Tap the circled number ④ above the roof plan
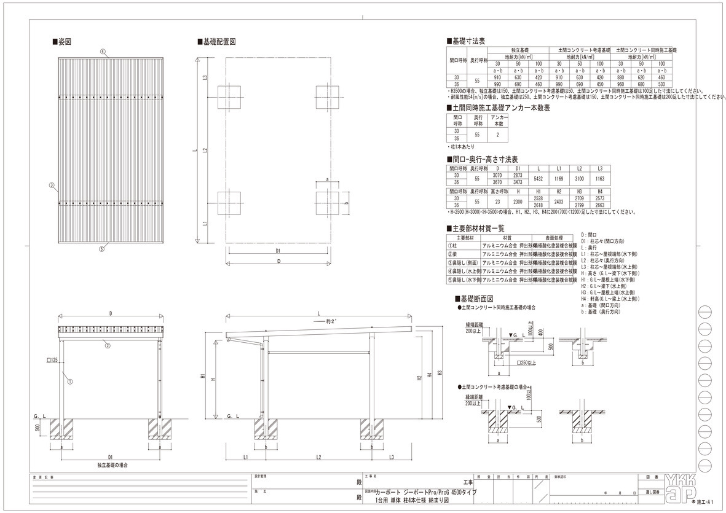point(103,51)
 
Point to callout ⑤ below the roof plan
point(103,249)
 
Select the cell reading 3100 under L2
point(579,179)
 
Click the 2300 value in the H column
point(517,202)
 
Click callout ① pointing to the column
point(70,382)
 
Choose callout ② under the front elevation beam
point(107,345)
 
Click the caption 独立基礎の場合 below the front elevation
point(111,466)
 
